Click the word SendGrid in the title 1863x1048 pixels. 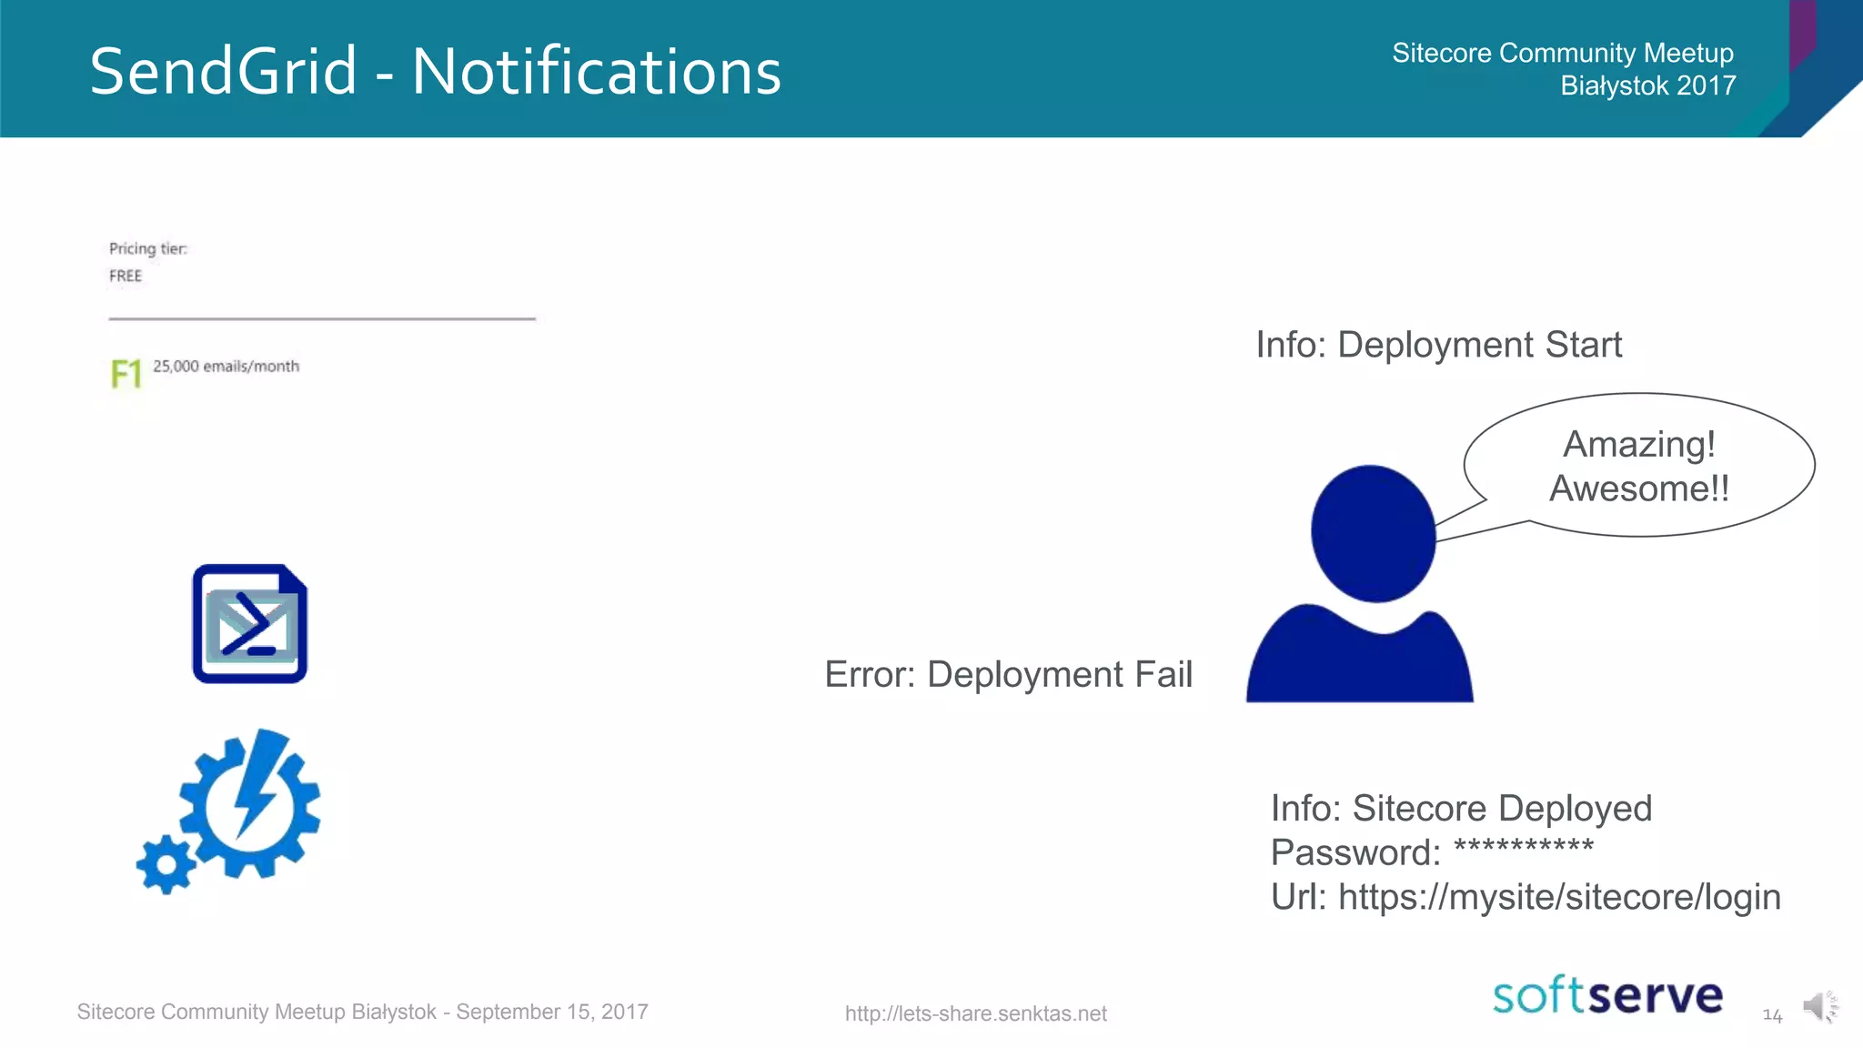tap(223, 72)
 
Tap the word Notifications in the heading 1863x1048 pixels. tap(597, 72)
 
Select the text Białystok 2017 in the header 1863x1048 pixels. tap(1647, 86)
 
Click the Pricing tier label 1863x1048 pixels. tap(147, 248)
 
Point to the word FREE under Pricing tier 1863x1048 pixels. tap(126, 276)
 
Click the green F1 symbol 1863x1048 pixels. tap(126, 374)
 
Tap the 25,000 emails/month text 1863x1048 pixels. tap(226, 366)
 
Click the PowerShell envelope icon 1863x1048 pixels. tap(250, 624)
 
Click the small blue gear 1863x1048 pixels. tap(166, 864)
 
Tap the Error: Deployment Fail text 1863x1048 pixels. tap(1008, 674)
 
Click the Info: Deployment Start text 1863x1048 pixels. tap(1438, 345)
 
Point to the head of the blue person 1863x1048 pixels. tap(1373, 533)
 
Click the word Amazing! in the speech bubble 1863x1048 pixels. tap(1639, 444)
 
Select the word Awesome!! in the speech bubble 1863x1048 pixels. tap(1639, 489)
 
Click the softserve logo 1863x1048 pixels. tap(1607, 995)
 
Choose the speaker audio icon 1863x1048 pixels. tap(1818, 1006)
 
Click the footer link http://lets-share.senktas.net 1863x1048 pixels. tap(975, 1013)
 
